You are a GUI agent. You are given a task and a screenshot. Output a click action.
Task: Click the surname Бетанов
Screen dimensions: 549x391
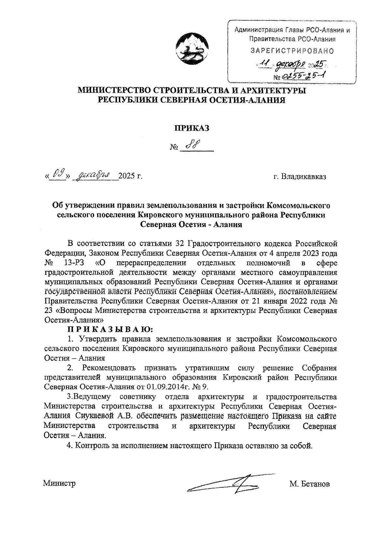(x=314, y=484)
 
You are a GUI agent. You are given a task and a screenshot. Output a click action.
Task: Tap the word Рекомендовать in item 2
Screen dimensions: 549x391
(x=109, y=368)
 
